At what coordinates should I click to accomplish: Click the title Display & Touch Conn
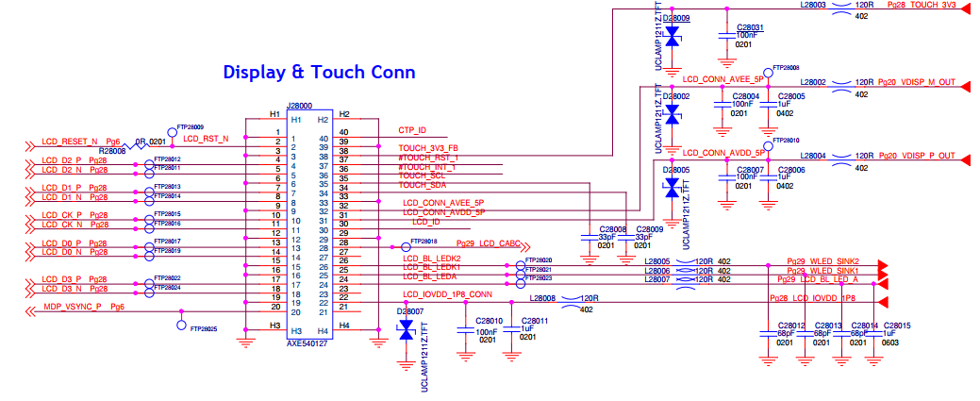[x=319, y=72]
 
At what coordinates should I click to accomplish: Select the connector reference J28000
[x=300, y=107]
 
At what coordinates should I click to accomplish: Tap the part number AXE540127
[x=307, y=345]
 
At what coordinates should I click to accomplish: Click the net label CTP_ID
[x=412, y=130]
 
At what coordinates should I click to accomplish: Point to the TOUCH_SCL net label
[x=422, y=175]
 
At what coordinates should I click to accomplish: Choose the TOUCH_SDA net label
[x=422, y=186]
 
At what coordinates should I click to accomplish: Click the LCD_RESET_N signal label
[x=70, y=142]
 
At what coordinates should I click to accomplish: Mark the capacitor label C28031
[x=750, y=27]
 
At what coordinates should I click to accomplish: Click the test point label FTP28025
[x=204, y=329]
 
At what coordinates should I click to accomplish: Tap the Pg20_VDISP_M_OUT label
[x=916, y=83]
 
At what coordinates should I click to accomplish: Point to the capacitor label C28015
[x=896, y=326]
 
